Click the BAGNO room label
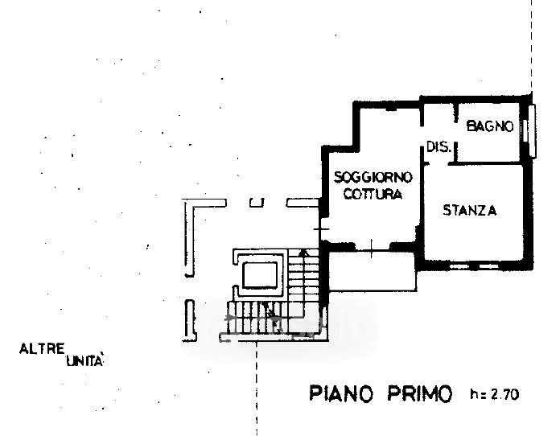click(489, 125)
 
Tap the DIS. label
click(437, 146)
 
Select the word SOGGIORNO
click(373, 177)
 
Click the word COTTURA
click(373, 195)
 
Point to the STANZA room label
click(470, 211)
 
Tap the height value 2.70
click(506, 394)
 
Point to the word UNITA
click(83, 362)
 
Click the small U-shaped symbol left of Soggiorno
click(256, 203)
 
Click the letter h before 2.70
click(472, 394)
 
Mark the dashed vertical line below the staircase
click(256, 386)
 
